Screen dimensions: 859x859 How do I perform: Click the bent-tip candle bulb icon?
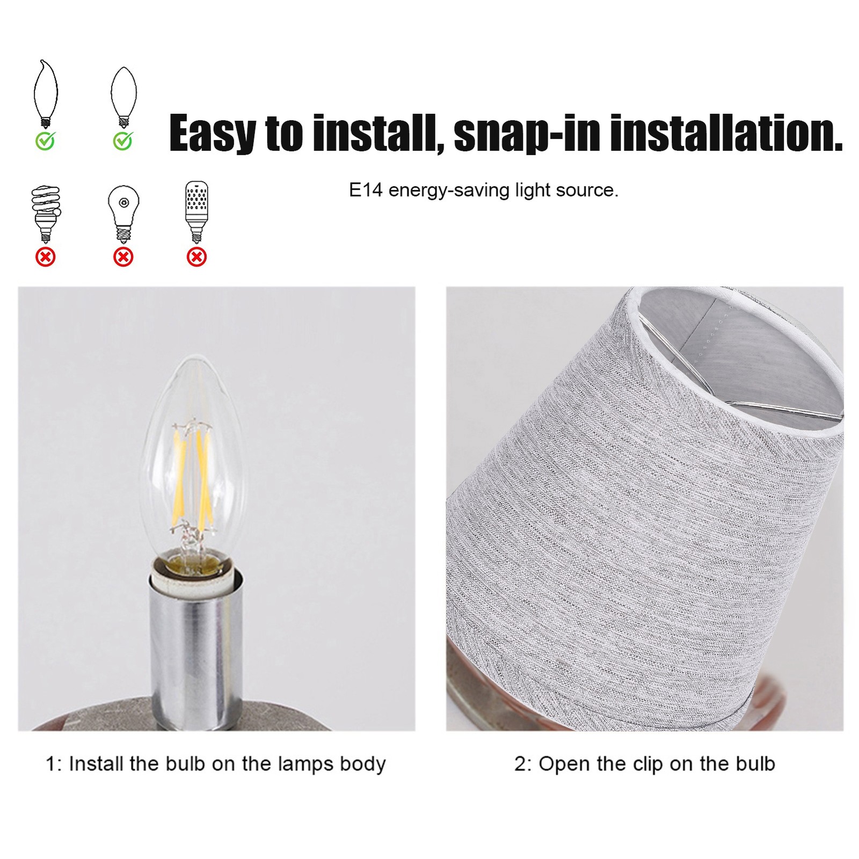[x=46, y=93]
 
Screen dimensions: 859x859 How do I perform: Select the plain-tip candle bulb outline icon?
[x=123, y=97]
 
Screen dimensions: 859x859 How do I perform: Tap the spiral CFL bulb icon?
[x=46, y=214]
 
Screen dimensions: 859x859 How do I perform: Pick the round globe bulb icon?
[x=123, y=214]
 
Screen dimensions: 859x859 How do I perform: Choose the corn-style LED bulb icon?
[x=196, y=212]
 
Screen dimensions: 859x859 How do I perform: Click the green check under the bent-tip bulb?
[x=46, y=141]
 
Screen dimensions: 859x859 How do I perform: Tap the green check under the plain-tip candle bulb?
[x=123, y=141]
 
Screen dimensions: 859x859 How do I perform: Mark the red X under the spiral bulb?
[x=46, y=257]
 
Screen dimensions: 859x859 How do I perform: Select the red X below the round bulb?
[x=123, y=257]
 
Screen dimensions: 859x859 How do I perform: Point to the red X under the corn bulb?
[x=196, y=257]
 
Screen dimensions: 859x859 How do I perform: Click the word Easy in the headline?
[x=213, y=133]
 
